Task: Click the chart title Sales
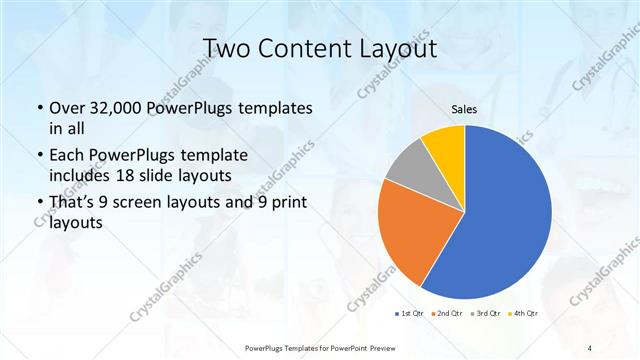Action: pos(464,109)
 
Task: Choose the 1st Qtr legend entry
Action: pos(410,314)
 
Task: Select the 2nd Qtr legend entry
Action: pos(446,314)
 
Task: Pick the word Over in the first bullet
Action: pos(67,107)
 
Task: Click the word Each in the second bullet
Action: pos(67,156)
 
